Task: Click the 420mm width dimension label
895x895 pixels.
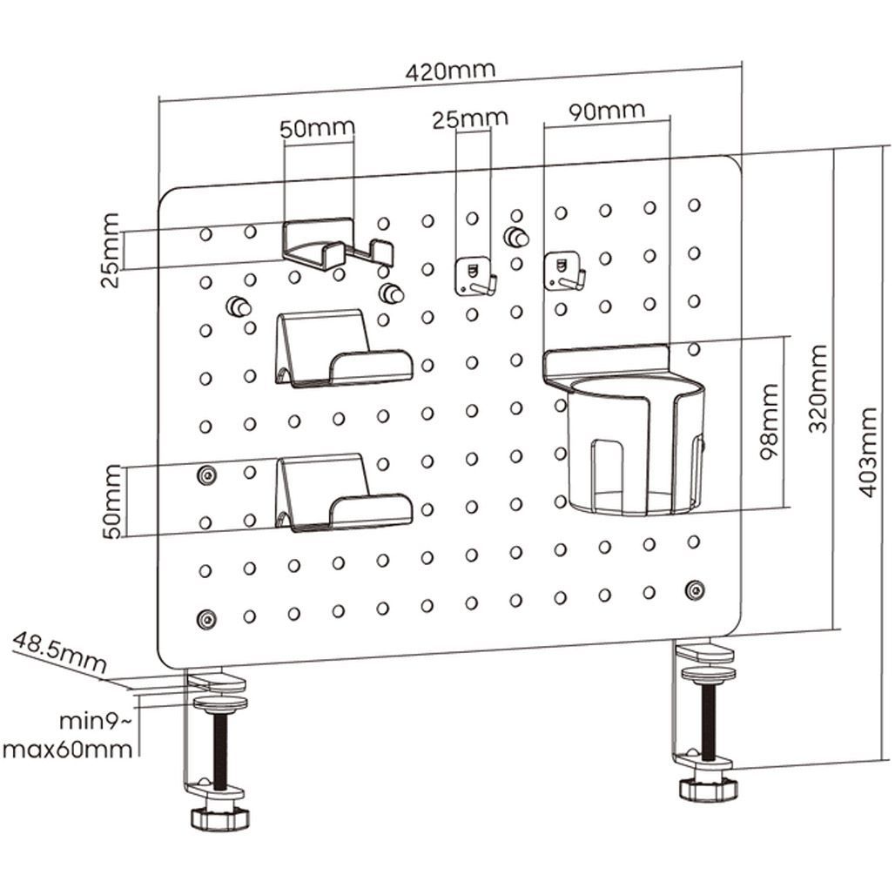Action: tap(449, 71)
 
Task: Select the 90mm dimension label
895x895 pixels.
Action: tap(607, 111)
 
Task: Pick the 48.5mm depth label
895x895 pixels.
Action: tap(59, 654)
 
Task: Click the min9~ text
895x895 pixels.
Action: tap(96, 722)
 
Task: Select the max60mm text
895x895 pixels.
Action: tap(70, 749)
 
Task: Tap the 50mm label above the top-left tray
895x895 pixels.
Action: tap(318, 128)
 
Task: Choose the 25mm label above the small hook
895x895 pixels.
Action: tap(470, 118)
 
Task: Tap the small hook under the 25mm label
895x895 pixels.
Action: tap(474, 277)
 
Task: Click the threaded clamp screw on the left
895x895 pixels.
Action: tap(220, 750)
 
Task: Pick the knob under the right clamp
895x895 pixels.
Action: tap(708, 789)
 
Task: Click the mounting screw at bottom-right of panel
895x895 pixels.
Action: tap(695, 589)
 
